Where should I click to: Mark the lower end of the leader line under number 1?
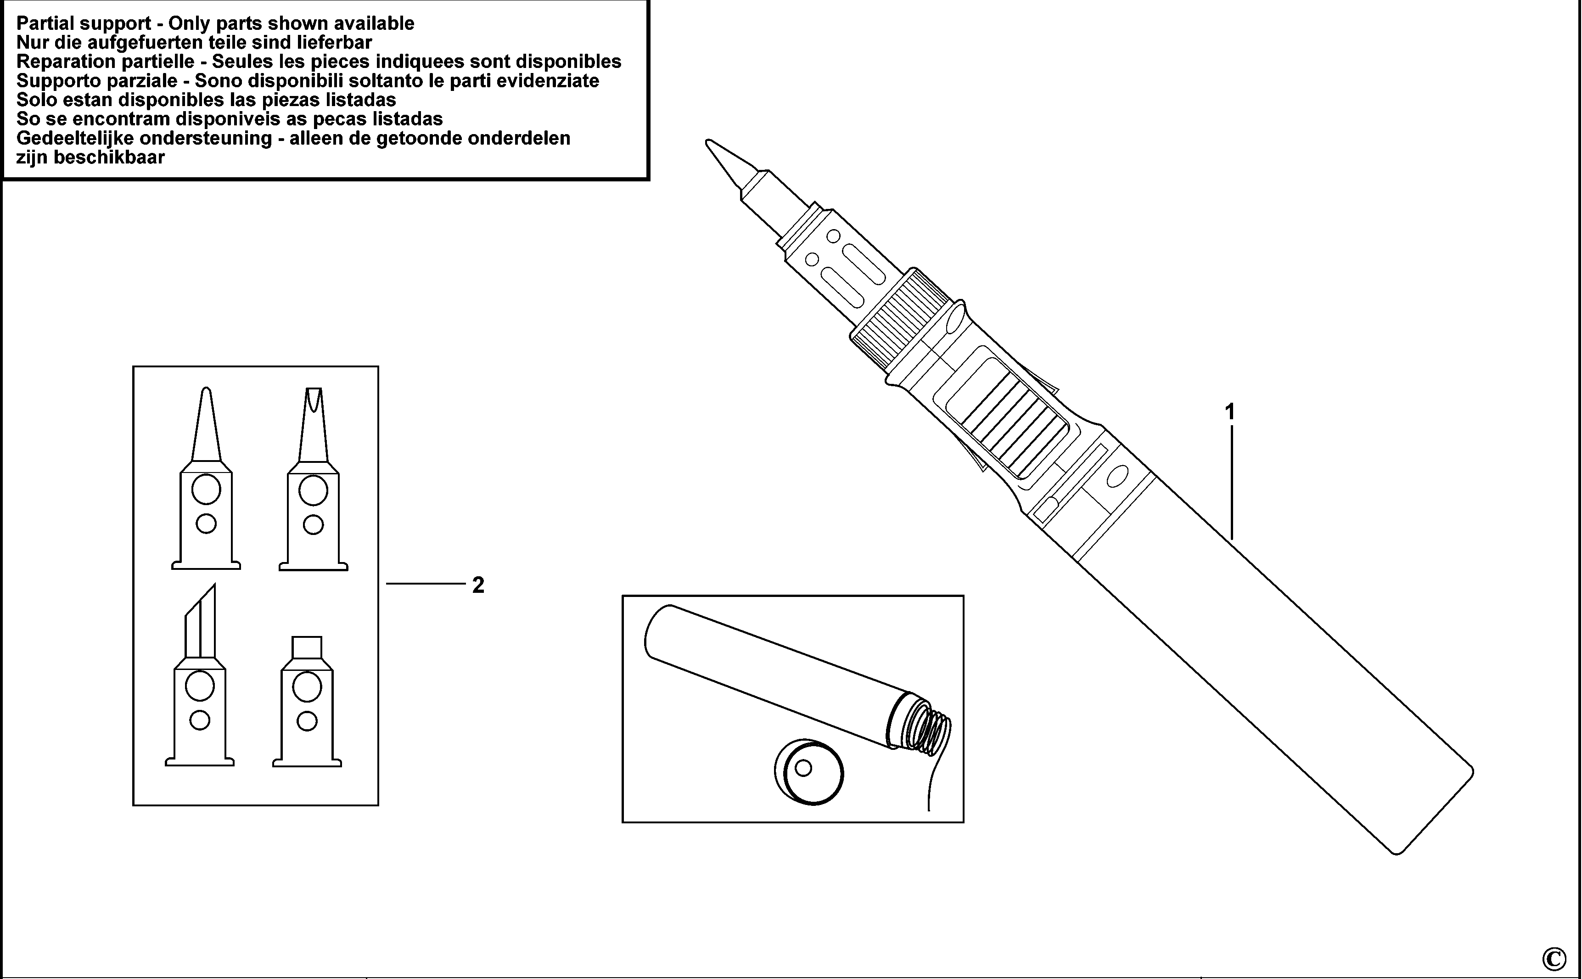click(x=1231, y=539)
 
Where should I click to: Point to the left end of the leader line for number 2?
click(x=387, y=584)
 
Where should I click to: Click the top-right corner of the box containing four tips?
click(x=378, y=366)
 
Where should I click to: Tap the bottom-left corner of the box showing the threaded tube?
click(x=623, y=822)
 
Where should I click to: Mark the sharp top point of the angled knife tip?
click(x=214, y=584)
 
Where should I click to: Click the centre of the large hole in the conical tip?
click(x=206, y=489)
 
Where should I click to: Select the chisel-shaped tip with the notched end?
click(x=313, y=479)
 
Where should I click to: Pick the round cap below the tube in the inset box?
click(x=809, y=772)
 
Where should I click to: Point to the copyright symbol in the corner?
click(x=1554, y=957)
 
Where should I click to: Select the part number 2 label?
click(x=478, y=585)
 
